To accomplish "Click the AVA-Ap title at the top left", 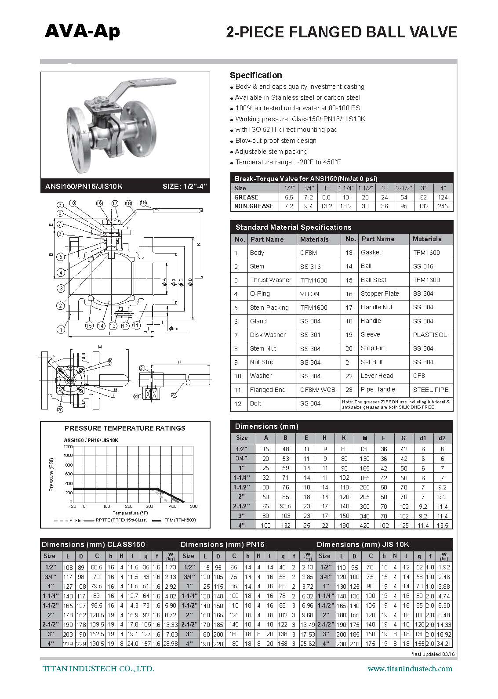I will pos(82,32).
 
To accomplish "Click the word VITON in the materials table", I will pos(310,294).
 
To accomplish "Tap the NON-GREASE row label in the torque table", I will pos(254,206).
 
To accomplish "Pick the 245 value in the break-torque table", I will pos(443,206).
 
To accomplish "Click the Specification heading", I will pos(256,75).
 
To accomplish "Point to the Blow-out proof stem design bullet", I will pos(276,141).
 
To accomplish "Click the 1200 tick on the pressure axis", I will pos(67,446).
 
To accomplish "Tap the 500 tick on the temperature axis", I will pos(193,507).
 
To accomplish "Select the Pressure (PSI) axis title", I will pos(51,474).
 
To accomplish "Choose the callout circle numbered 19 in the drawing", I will pos(143,203).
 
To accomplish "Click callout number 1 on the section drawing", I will pos(61,329).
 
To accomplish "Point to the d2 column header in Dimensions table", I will pos(442,438).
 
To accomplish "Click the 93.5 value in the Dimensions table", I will pos(286,507).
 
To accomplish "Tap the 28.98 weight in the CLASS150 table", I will pos(170,644).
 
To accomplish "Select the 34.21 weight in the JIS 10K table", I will pos(444,644).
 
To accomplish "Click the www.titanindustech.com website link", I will pos(410,669).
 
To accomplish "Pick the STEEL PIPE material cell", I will pos(431,390).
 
